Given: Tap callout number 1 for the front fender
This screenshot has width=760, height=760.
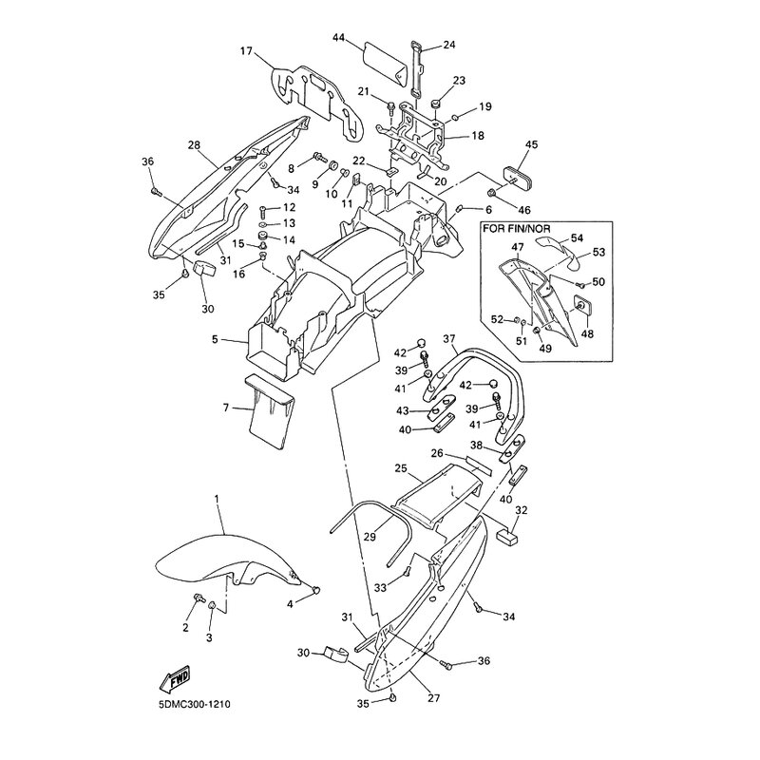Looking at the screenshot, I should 217,499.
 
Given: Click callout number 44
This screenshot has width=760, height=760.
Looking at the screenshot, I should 340,39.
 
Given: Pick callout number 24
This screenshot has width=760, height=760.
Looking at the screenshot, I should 448,45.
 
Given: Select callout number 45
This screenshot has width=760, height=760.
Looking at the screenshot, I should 531,144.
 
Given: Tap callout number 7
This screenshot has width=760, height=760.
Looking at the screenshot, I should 225,408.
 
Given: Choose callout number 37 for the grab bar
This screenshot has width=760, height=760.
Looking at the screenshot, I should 449,338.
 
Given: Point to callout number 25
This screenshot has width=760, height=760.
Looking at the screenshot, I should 400,469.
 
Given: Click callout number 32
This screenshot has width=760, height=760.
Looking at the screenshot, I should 521,509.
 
